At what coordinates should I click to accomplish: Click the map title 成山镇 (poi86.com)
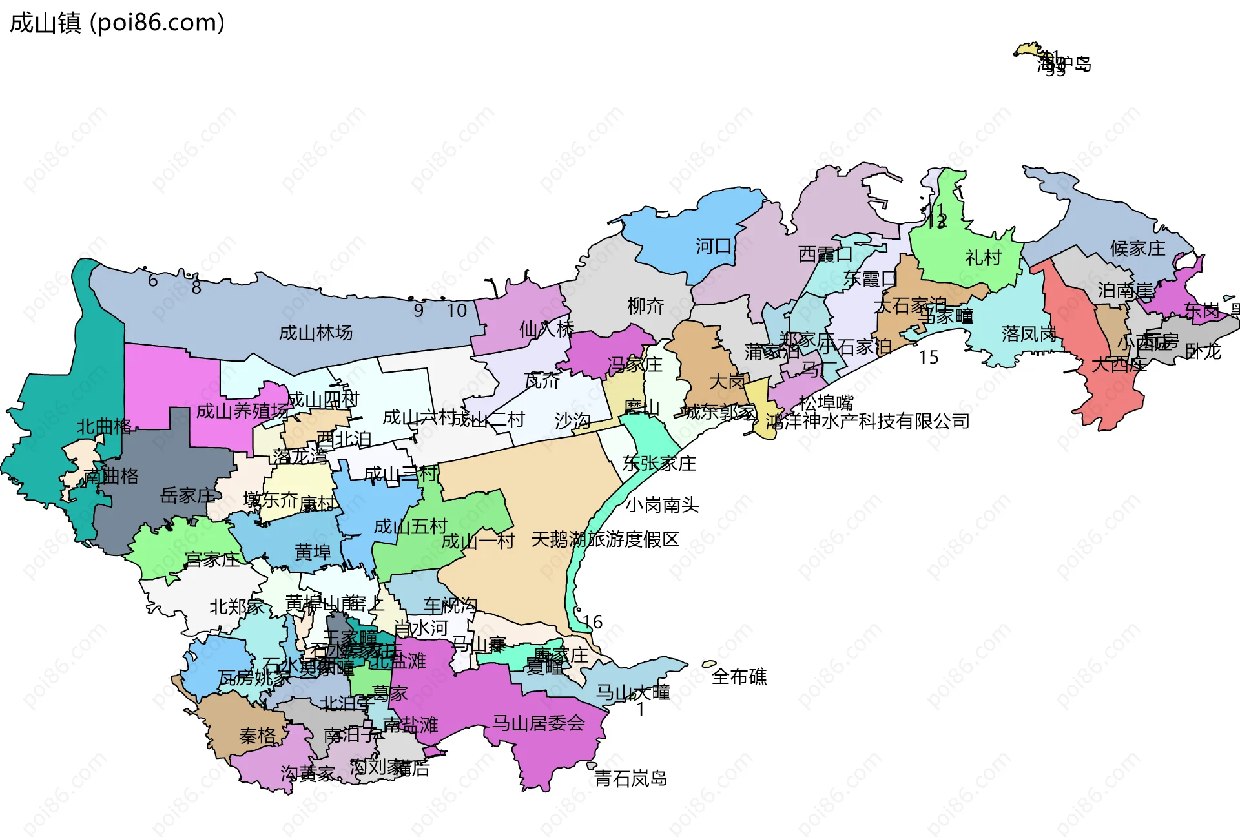[x=117, y=23]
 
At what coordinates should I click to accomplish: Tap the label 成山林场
[x=316, y=333]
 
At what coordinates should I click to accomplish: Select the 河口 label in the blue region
[x=713, y=246]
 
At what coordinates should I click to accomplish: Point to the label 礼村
[x=983, y=258]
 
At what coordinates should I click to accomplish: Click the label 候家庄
[x=1137, y=249]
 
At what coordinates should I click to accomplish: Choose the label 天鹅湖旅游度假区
[x=605, y=539]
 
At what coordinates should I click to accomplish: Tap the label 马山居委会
[x=538, y=723]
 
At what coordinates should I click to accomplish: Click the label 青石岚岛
[x=630, y=778]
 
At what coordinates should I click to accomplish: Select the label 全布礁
[x=739, y=677]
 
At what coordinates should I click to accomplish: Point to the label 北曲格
[x=104, y=426]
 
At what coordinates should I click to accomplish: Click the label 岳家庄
[x=187, y=495]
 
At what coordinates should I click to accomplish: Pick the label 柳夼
[x=646, y=305]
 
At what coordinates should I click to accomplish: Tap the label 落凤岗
[x=1029, y=333]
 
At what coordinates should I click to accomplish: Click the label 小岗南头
[x=662, y=504]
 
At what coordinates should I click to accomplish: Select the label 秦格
[x=257, y=736]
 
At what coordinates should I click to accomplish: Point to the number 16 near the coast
[x=592, y=622]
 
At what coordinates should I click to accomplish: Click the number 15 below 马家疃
[x=928, y=357]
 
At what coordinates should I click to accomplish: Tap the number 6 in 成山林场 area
[x=152, y=280]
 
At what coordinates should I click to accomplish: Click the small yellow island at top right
[x=1027, y=50]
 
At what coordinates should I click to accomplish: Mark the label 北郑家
[x=236, y=606]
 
